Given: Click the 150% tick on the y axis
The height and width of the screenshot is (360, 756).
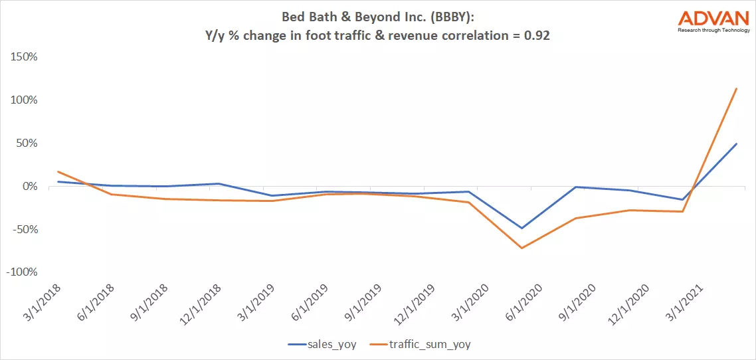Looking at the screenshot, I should click(24, 56).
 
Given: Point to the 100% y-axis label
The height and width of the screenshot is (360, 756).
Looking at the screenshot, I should click(24, 100).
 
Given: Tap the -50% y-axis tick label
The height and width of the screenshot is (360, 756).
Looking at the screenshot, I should click(24, 229).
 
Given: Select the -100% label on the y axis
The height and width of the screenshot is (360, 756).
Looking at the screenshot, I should click(22, 272).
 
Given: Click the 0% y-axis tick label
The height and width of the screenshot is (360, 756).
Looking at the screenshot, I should click(29, 186).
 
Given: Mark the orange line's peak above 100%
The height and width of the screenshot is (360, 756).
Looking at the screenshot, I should click(736, 88).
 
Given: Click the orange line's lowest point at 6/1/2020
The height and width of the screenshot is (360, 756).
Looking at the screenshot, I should click(521, 248).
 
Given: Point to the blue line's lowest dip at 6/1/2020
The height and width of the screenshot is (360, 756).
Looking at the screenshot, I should click(521, 228).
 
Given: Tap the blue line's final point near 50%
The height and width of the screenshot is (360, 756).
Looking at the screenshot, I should click(736, 143).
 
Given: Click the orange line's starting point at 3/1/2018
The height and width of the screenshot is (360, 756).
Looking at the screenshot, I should click(58, 171).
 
